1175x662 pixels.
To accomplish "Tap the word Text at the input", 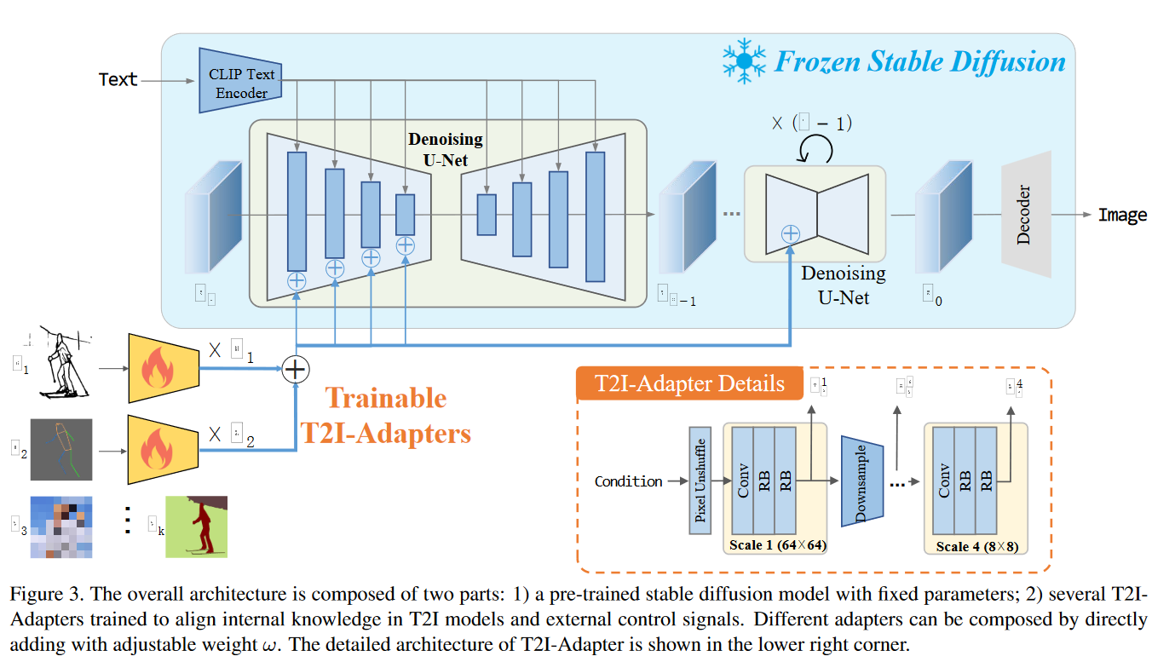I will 118,79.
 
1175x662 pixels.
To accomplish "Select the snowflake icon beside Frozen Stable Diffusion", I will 744,60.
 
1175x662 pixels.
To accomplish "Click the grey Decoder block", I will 1026,214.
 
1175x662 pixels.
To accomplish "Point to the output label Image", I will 1122,215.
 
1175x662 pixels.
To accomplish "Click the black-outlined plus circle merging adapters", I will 295,369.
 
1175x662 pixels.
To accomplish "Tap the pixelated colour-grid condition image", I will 61,526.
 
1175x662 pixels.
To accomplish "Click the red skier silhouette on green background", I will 197,526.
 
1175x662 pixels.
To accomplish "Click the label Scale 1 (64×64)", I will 778,544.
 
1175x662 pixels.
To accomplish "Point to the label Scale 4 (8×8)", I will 976,546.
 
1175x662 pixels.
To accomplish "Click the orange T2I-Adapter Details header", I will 689,383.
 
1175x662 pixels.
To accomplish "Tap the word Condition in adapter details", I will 628,481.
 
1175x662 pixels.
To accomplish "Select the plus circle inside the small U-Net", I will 791,233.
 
